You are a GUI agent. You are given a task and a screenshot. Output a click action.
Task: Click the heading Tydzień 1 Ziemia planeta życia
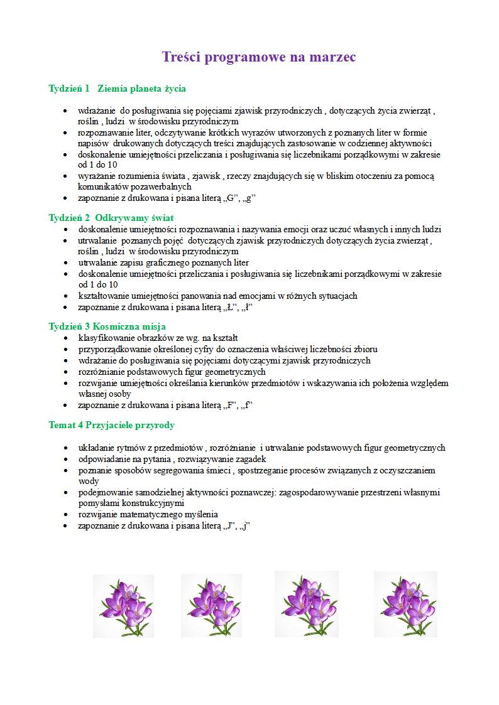point(117,89)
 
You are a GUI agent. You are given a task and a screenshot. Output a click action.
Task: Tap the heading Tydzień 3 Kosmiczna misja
point(107,326)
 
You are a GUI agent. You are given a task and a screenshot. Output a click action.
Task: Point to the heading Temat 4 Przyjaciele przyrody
point(111,425)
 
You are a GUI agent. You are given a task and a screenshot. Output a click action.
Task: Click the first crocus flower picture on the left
point(123,605)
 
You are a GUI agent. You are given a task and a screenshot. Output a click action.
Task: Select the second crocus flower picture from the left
point(211,605)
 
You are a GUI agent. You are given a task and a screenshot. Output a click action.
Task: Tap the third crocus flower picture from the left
point(307,604)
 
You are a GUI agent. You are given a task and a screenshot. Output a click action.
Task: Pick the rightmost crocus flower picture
point(405,604)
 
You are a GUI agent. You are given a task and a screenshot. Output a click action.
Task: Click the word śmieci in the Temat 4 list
point(217,470)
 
